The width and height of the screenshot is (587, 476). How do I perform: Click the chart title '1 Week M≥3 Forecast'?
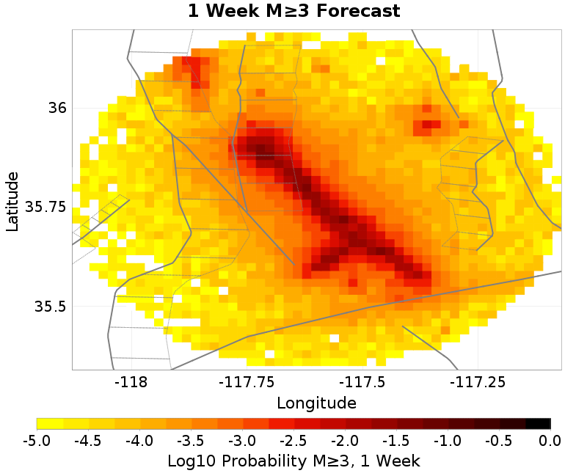293,12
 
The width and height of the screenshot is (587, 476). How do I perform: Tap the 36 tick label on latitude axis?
57,109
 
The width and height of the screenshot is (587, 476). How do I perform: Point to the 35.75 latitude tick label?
45,208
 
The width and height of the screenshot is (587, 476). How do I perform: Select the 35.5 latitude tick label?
49,307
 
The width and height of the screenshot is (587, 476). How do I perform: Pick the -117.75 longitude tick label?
235,382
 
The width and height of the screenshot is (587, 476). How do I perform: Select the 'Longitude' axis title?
316,403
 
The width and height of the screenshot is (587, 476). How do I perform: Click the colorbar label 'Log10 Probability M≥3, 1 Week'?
293,461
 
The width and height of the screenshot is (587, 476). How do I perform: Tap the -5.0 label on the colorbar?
37,440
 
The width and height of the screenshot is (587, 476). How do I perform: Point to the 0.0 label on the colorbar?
550,440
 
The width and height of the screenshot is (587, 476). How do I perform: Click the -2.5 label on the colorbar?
293,440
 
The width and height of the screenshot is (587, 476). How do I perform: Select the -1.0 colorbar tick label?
448,440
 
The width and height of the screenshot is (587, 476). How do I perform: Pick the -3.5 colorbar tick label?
191,440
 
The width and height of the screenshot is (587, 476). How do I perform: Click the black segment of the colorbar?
538,423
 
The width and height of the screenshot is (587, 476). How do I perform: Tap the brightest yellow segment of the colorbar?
50,423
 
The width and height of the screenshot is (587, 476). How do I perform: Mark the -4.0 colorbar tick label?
139,440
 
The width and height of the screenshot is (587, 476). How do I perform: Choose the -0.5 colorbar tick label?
499,440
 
